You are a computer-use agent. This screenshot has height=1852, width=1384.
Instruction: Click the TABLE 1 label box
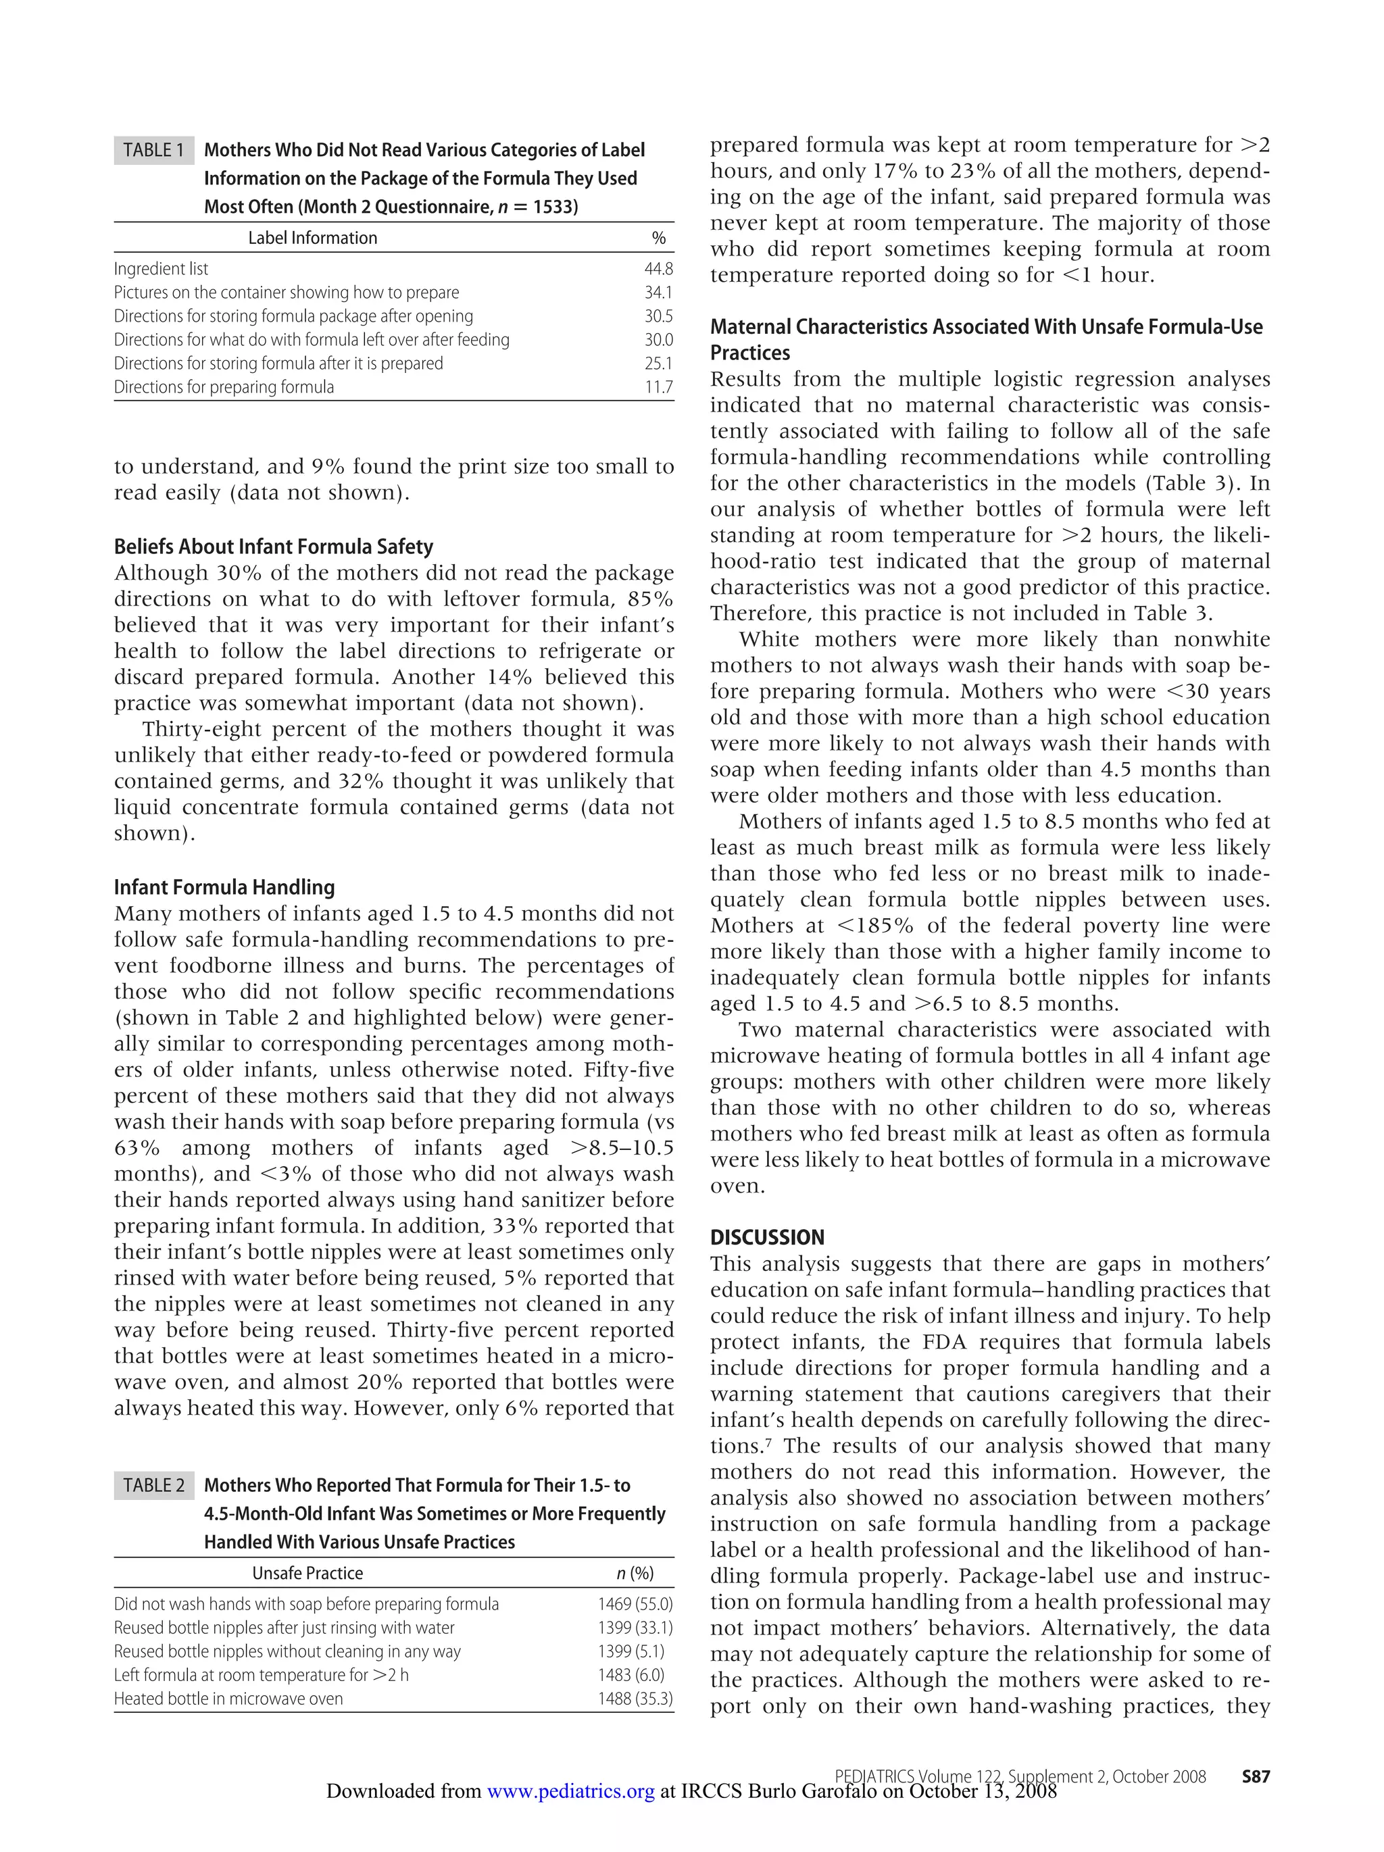[x=153, y=150]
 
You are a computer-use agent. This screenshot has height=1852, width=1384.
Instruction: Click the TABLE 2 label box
[x=153, y=1485]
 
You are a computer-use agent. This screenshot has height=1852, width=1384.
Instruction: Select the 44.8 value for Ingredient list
[x=658, y=269]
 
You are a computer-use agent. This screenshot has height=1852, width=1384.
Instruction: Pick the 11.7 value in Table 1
[x=659, y=386]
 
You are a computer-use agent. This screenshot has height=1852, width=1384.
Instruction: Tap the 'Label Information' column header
[x=312, y=238]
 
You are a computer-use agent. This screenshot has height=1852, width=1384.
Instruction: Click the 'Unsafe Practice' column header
[x=307, y=1573]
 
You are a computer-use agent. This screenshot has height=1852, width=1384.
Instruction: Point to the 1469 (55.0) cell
[x=635, y=1604]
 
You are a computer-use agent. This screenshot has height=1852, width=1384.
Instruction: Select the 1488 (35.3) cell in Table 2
[x=635, y=1699]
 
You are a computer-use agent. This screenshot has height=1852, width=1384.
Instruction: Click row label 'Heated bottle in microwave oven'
[x=228, y=1699]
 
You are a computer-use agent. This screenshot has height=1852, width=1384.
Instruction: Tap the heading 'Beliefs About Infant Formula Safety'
[x=274, y=547]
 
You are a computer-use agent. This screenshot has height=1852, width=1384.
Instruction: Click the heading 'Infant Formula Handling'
[x=224, y=886]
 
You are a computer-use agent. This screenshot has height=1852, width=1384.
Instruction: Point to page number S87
[x=1255, y=1776]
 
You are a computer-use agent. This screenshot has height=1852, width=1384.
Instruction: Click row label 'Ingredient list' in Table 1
[x=161, y=269]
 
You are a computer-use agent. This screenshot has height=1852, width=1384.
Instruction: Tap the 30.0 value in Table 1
[x=658, y=340]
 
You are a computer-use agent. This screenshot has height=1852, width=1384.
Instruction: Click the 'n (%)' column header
[x=635, y=1573]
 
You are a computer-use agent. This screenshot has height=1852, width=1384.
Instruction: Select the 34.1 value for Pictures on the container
[x=658, y=292]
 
